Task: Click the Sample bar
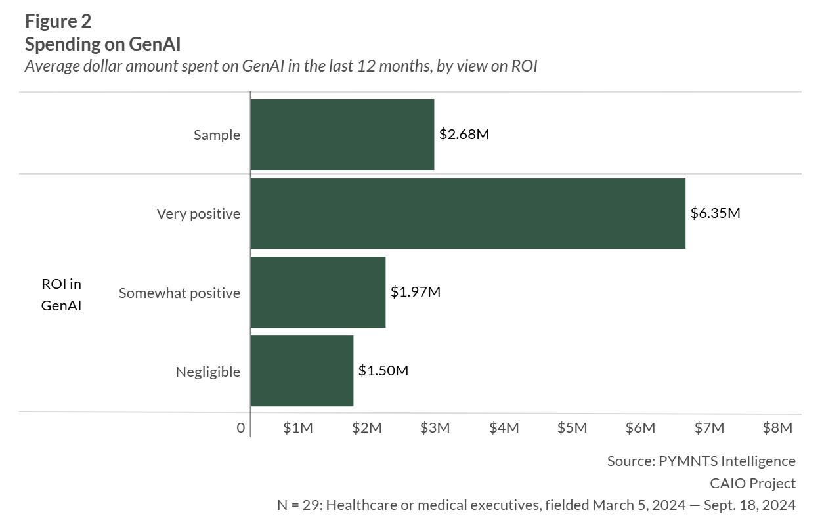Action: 342,135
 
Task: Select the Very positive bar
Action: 467,213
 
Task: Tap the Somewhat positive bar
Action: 318,292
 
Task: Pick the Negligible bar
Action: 302,371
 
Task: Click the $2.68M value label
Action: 464,135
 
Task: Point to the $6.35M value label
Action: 716,213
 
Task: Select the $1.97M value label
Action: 415,292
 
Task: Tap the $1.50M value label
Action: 383,371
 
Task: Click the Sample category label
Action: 217,135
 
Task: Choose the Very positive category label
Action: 198,214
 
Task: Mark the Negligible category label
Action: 207,372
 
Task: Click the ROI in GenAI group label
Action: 61,295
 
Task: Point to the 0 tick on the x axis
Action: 241,428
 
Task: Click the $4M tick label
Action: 504,428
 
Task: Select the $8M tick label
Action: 777,428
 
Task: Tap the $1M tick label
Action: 298,428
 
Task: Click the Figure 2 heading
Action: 58,21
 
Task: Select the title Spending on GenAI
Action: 102,45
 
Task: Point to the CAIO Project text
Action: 752,484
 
